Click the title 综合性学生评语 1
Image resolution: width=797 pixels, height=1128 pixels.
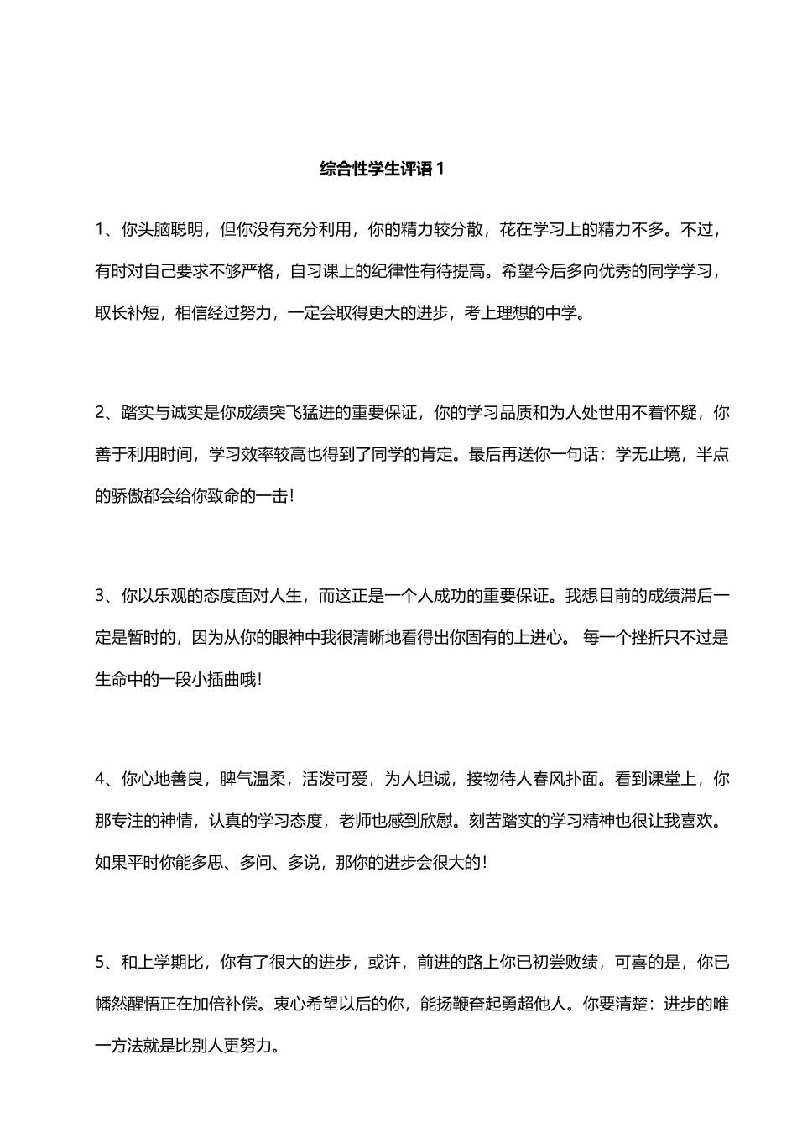[x=382, y=169]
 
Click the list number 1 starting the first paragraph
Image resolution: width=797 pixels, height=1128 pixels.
[x=100, y=229]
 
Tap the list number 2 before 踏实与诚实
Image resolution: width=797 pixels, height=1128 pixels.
[x=100, y=412]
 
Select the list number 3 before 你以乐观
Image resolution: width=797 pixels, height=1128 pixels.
[x=100, y=596]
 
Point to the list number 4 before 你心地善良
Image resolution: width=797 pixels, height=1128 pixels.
[x=100, y=779]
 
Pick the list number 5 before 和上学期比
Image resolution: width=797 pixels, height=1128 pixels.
[x=100, y=963]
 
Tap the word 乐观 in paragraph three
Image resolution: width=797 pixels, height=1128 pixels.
[x=172, y=596]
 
